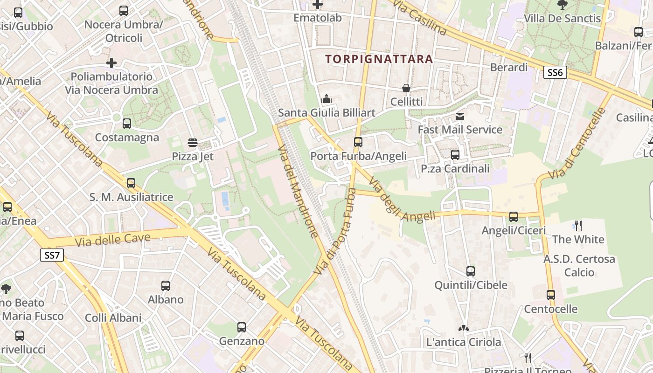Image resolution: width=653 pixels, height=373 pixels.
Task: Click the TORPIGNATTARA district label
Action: [379, 59]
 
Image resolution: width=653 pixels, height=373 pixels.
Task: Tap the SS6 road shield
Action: [555, 72]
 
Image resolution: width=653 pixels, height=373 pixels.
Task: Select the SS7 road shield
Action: [52, 255]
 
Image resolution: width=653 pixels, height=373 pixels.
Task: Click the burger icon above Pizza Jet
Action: [193, 142]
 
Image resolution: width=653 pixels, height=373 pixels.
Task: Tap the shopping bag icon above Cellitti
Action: [406, 88]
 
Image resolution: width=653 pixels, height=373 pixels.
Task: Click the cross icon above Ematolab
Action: [318, 5]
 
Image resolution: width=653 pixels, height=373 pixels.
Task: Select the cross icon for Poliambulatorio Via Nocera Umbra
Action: [111, 62]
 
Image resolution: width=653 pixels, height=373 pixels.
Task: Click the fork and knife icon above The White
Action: [578, 226]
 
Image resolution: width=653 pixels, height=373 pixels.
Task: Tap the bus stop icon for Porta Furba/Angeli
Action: [358, 142]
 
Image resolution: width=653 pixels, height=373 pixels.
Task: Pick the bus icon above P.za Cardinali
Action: [455, 154]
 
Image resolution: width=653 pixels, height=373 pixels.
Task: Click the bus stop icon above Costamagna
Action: [127, 124]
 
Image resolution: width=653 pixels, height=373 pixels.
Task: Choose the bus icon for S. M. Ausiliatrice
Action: [131, 183]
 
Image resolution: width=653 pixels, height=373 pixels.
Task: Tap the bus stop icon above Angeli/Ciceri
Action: [514, 216]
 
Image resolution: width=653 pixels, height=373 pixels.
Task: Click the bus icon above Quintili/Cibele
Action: [471, 271]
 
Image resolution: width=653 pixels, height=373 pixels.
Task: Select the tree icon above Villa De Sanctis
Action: [563, 5]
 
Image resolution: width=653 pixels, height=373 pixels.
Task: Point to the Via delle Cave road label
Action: [112, 240]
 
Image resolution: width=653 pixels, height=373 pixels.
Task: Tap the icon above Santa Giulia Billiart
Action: [326, 99]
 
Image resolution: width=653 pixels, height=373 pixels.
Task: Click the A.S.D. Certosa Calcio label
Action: [579, 265]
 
